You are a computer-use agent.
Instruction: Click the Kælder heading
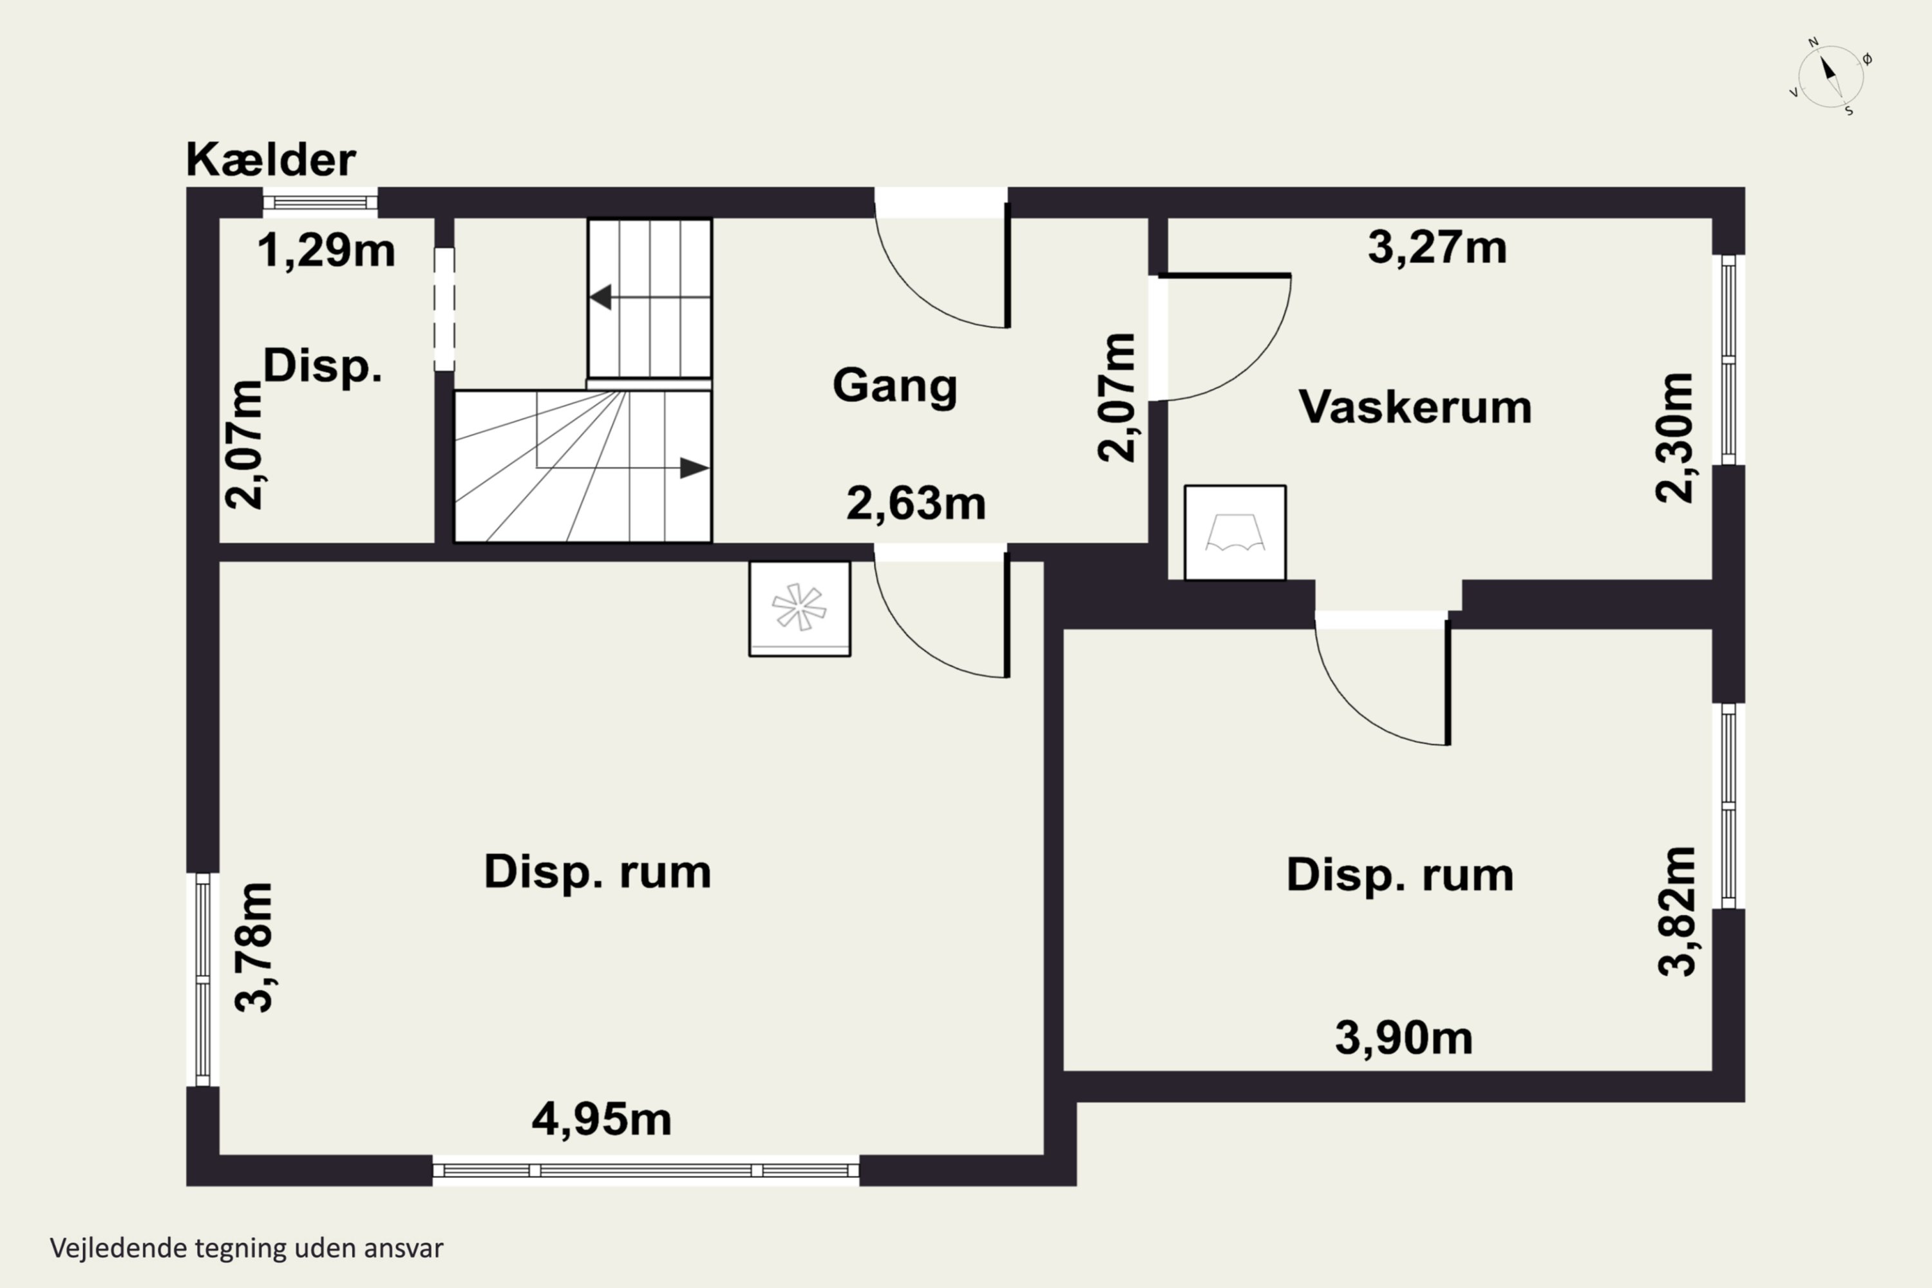[x=271, y=159]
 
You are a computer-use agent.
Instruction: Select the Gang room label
[x=895, y=385]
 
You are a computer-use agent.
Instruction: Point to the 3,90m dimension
[x=1404, y=1037]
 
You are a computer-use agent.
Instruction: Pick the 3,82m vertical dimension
[x=1676, y=912]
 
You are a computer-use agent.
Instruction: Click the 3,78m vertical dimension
[x=253, y=947]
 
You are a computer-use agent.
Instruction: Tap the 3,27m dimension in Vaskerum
[x=1437, y=247]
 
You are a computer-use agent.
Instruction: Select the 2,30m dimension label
[x=1674, y=438]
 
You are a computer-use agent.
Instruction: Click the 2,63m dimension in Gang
[x=916, y=504]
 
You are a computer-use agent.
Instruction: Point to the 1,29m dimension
[x=326, y=250]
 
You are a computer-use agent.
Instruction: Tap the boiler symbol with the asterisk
[x=799, y=609]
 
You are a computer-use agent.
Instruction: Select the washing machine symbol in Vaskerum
[x=1235, y=533]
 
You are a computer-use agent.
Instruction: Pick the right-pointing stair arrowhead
[x=695, y=468]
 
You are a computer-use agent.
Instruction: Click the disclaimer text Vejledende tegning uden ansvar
[x=247, y=1248]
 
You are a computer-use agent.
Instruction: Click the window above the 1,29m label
[x=320, y=203]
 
